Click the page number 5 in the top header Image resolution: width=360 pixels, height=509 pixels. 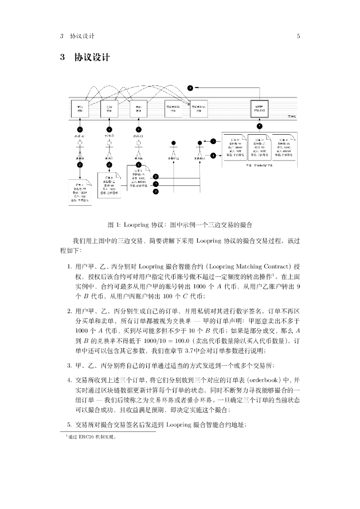tap(298, 36)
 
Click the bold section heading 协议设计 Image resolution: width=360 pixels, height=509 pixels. tap(92, 57)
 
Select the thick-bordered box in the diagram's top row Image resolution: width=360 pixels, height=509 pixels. tap(259, 108)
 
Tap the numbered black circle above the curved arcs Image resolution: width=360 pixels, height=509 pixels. tap(190, 88)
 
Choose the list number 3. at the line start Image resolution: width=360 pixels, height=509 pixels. tap(70, 366)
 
